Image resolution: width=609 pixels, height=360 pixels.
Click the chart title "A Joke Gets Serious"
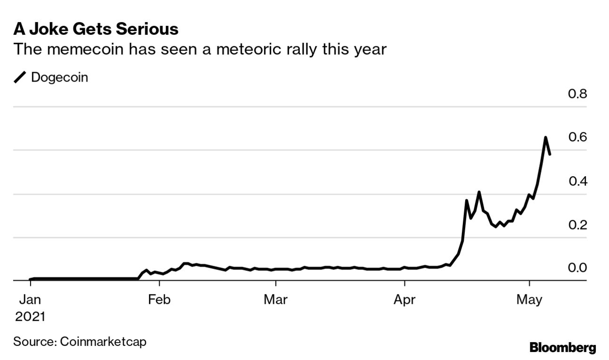pos(96,29)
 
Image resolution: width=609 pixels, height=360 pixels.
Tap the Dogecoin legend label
pos(59,77)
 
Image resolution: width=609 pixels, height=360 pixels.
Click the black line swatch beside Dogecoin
pos(21,78)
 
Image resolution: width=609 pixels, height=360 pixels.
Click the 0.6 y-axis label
pos(577,137)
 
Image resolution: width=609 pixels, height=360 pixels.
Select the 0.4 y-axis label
pos(577,181)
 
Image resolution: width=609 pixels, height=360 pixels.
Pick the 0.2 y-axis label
pos(577,225)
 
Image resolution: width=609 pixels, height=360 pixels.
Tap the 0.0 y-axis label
pos(577,268)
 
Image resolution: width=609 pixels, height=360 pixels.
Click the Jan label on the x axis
pos(30,299)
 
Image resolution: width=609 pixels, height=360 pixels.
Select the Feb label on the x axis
pos(159,299)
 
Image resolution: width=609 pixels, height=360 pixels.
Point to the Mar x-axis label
pos(275,299)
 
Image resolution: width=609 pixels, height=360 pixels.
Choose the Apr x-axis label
pos(404,299)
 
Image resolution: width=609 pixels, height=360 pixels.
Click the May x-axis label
pos(530,299)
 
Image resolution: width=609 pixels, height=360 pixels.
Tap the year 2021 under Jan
pos(30,316)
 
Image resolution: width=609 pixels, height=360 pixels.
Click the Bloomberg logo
pos(563,348)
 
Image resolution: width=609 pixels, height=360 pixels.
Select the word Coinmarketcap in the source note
pos(103,341)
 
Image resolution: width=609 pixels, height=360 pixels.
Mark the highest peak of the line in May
pos(545,138)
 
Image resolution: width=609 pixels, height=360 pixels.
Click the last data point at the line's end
pos(550,154)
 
